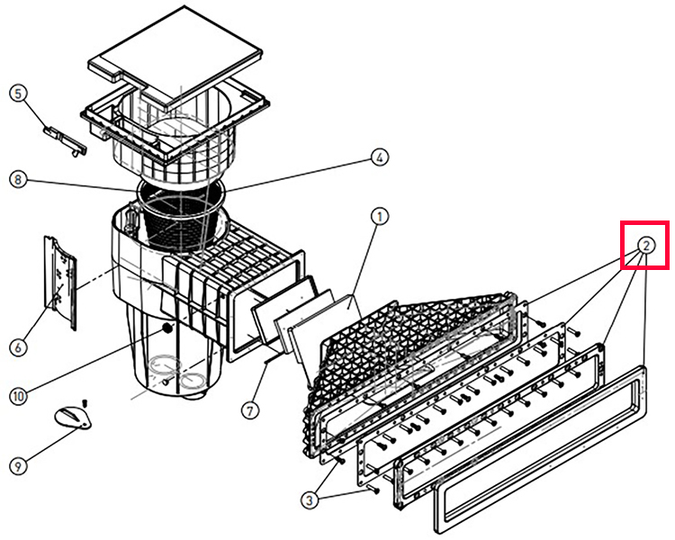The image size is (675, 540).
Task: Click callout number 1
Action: (380, 217)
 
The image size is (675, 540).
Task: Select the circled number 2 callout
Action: (646, 245)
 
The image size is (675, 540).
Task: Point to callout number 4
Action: (380, 157)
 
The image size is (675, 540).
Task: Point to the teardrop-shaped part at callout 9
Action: (73, 415)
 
